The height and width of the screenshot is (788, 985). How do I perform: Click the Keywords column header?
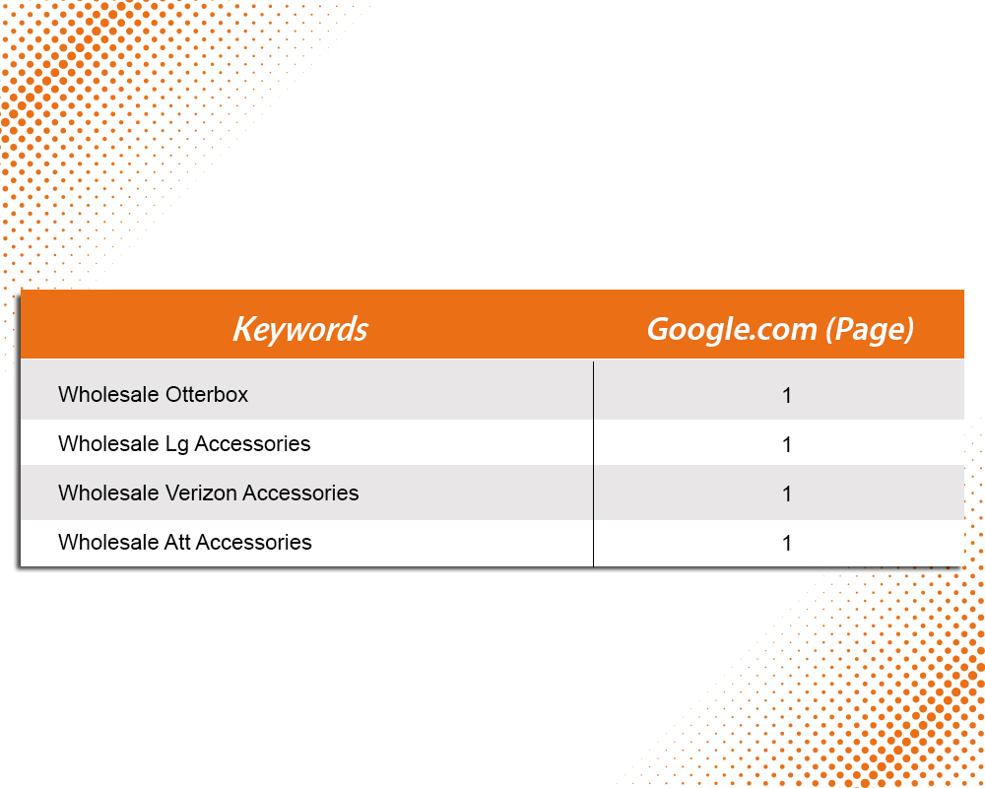[x=300, y=329]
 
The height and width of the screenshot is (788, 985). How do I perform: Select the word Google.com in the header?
[x=732, y=330]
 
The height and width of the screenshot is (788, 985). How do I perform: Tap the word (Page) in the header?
[x=870, y=330]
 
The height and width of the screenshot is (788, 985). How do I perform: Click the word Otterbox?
[x=207, y=395]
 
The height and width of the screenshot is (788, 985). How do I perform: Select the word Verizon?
[x=201, y=493]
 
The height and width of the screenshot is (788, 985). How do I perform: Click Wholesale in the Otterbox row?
[x=108, y=395]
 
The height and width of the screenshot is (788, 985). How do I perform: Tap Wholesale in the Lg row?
[x=108, y=443]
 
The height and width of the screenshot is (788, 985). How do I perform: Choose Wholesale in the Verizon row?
[x=108, y=493]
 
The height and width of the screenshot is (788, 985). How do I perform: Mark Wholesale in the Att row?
[x=108, y=543]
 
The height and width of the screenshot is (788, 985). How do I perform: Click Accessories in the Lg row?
[x=252, y=443]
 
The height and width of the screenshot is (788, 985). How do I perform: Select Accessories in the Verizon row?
[x=300, y=493]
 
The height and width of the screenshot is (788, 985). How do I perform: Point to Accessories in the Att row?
[x=254, y=543]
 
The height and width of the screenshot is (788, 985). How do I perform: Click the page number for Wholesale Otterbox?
[x=786, y=396]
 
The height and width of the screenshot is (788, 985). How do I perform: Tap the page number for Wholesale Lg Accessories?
[x=786, y=445]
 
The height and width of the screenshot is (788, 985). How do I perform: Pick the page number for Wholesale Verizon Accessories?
[x=786, y=494]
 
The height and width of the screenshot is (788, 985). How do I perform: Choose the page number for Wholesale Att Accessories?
[x=786, y=544]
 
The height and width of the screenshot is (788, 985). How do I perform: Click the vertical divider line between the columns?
[x=593, y=464]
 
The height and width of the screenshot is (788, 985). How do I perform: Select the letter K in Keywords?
[x=243, y=329]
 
